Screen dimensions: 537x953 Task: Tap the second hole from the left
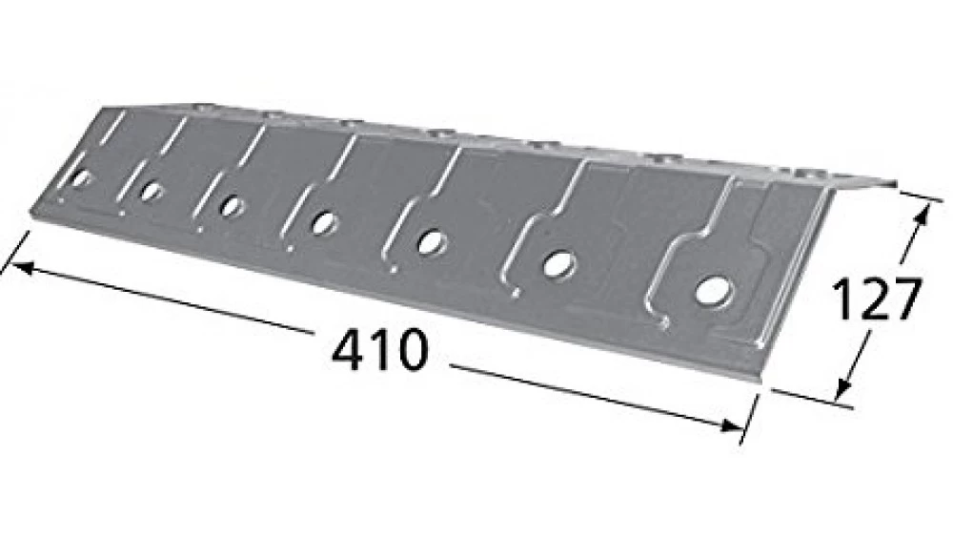(151, 191)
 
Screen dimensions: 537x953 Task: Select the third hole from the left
(231, 205)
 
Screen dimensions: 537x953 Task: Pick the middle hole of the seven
(324, 222)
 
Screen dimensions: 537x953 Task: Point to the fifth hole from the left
(432, 241)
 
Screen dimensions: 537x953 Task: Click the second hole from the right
(558, 264)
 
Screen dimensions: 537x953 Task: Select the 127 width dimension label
(876, 299)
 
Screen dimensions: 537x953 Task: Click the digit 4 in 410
(346, 351)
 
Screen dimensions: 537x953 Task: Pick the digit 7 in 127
(902, 299)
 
